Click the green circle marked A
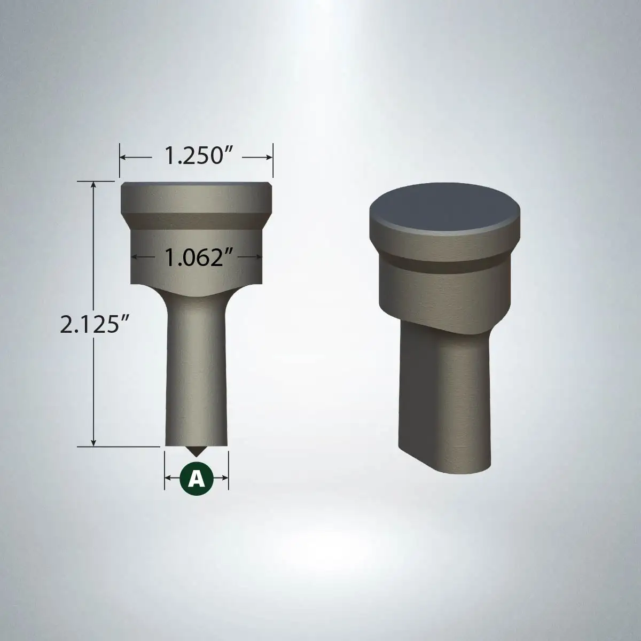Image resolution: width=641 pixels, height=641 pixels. [x=196, y=479]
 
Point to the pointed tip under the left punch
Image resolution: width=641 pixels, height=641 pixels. [x=197, y=455]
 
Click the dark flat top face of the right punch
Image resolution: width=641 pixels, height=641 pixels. [x=445, y=208]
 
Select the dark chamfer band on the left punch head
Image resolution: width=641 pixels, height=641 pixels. [x=196, y=221]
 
